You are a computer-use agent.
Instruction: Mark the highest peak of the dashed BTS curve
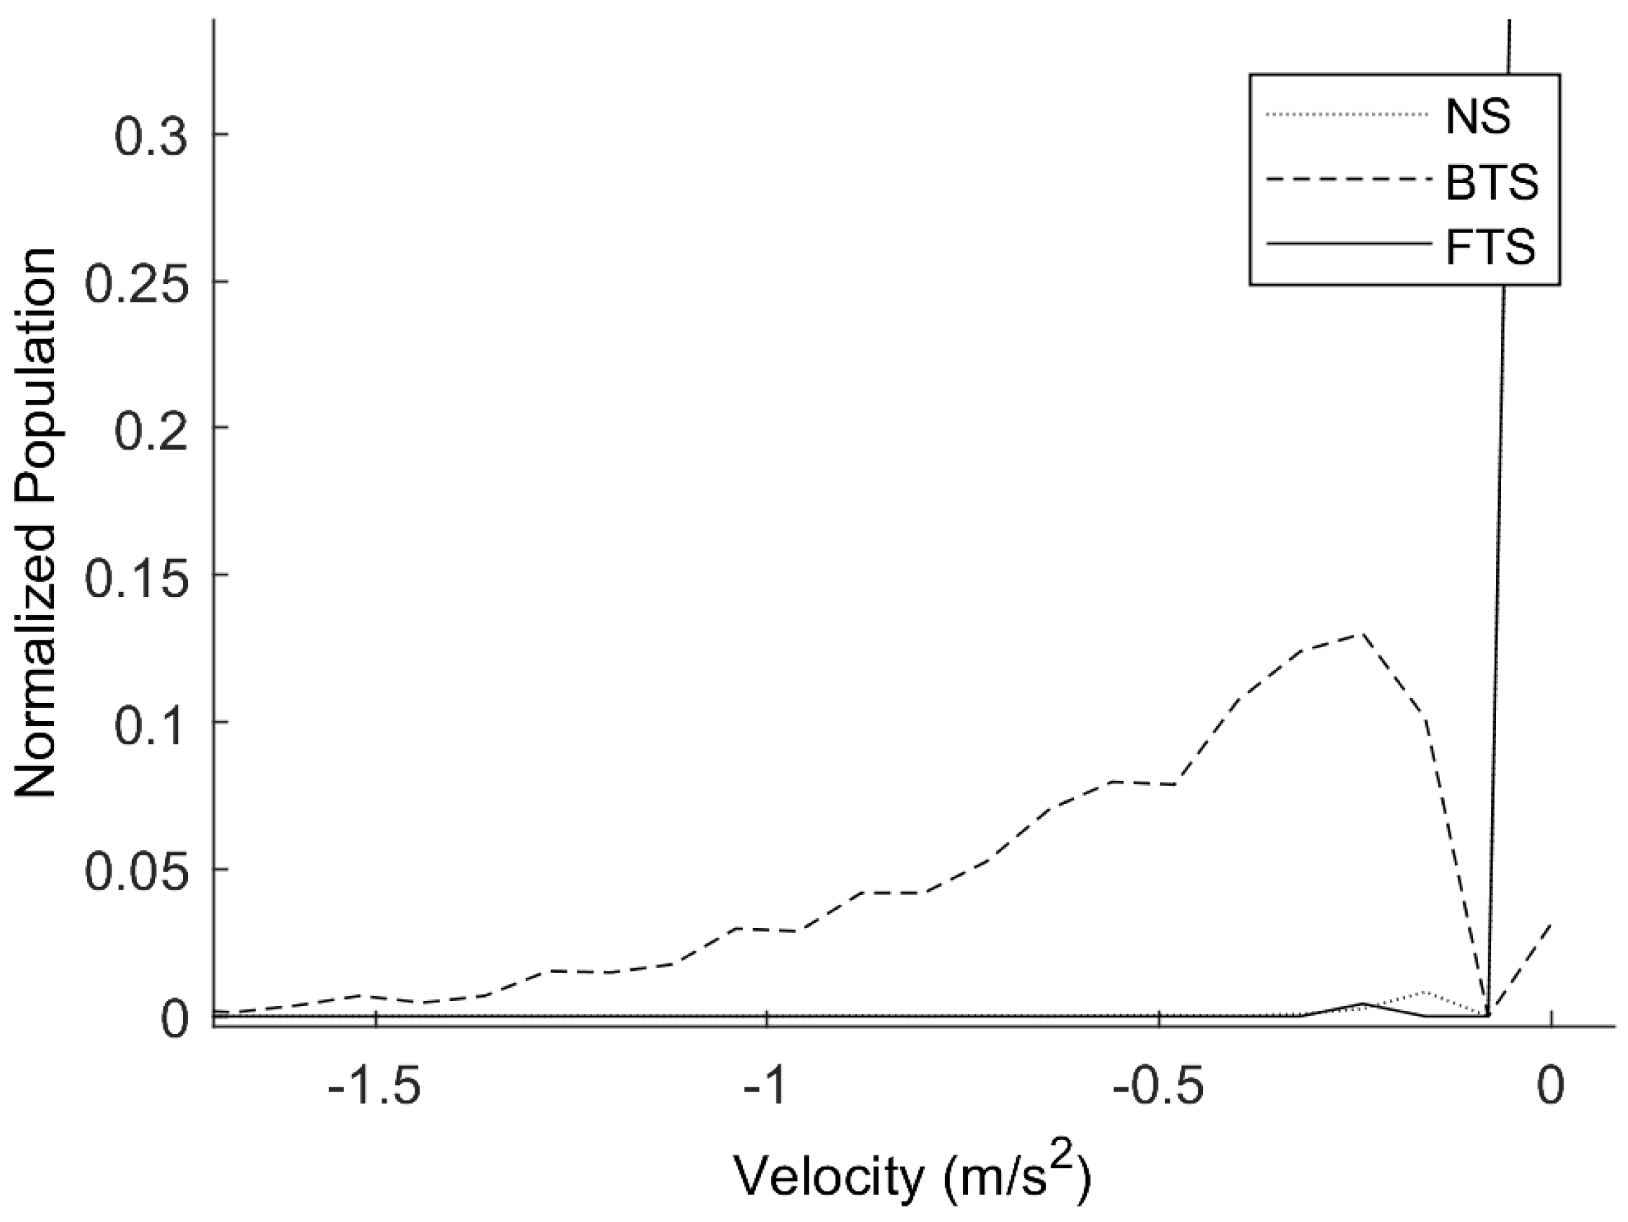coord(1363,635)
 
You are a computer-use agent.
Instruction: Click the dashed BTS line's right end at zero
coord(1551,925)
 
